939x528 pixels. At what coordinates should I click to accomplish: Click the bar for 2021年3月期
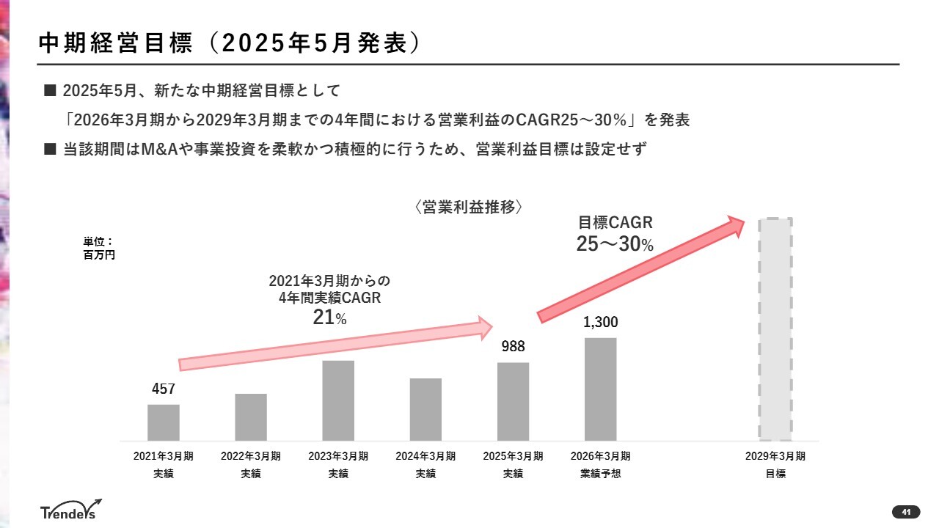point(163,422)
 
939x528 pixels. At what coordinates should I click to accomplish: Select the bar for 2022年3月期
point(251,417)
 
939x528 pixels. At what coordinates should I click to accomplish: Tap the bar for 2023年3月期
point(338,400)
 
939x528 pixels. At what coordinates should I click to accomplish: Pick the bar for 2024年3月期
point(425,409)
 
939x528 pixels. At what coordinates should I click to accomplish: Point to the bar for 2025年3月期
point(513,401)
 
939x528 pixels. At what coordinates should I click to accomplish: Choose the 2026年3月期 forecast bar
point(600,389)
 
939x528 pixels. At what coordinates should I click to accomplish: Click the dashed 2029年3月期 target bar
point(775,329)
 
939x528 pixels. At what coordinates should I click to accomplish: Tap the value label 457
point(164,389)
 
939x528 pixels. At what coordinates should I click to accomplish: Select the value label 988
point(514,347)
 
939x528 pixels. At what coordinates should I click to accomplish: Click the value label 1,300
point(601,322)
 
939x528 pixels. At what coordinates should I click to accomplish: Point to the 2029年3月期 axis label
point(775,456)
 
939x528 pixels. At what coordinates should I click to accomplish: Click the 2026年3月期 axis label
point(600,456)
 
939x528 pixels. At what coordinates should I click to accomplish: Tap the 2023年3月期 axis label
point(338,456)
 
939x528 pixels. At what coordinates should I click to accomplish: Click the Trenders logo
point(70,510)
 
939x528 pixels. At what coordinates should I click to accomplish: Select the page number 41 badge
point(906,511)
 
